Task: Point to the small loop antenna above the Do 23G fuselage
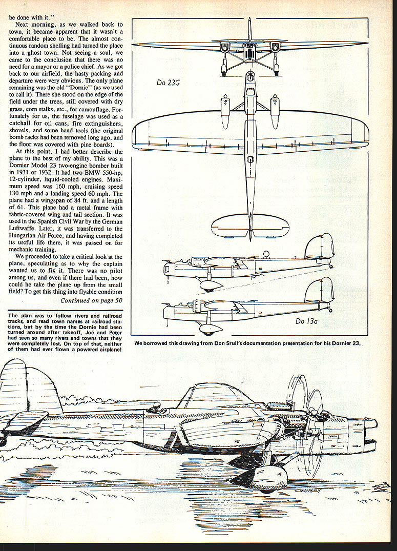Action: [265, 254]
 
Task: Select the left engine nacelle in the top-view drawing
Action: [225, 111]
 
